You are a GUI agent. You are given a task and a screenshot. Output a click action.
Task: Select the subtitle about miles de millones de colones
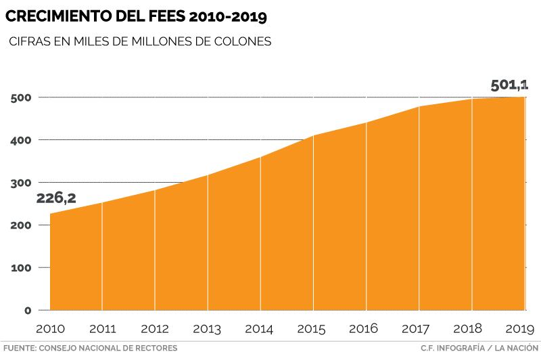coord(140,42)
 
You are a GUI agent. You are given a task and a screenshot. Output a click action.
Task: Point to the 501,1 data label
coord(509,85)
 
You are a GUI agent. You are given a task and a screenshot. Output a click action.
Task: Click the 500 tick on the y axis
coord(22,97)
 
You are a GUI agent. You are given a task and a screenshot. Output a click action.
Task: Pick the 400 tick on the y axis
coord(22,140)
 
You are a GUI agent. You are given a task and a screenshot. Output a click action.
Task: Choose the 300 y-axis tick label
coord(22,183)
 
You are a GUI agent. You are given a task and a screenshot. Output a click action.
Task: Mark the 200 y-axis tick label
coord(22,225)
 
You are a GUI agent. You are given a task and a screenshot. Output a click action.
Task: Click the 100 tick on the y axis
coord(22,268)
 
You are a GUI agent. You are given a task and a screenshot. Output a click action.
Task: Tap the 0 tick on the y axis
coord(28,311)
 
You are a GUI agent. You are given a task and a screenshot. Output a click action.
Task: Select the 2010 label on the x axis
coord(49,330)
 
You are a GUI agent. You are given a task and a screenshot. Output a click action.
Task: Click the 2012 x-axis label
coord(155,330)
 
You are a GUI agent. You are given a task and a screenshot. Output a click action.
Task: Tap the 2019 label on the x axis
coord(520,330)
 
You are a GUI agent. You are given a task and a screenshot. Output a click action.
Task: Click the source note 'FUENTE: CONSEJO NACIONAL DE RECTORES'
coord(90,348)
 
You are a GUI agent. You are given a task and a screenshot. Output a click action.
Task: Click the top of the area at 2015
coord(313,136)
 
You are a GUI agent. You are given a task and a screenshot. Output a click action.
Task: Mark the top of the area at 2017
coord(419,107)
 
